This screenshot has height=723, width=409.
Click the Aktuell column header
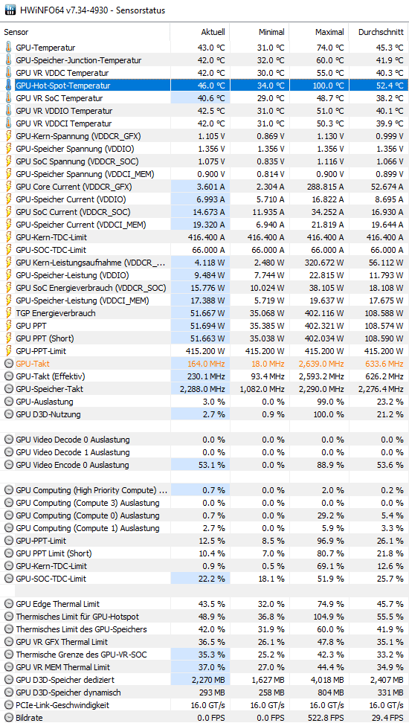(213, 32)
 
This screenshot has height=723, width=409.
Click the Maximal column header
(329, 32)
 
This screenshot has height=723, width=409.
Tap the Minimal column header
(271, 32)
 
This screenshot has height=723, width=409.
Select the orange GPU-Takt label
(33, 364)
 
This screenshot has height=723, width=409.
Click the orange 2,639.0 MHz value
(321, 364)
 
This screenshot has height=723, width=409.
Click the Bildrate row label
(28, 718)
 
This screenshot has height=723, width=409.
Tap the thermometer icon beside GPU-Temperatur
(8, 48)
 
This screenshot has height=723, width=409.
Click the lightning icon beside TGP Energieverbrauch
(8, 313)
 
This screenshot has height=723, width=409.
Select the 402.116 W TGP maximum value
(326, 313)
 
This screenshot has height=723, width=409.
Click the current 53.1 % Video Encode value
(212, 465)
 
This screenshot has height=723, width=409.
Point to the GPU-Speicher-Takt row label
(49, 389)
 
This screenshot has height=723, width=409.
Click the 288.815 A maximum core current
(326, 187)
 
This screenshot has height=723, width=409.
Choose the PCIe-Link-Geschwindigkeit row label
(62, 705)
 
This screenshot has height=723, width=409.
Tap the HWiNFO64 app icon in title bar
(10, 10)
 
